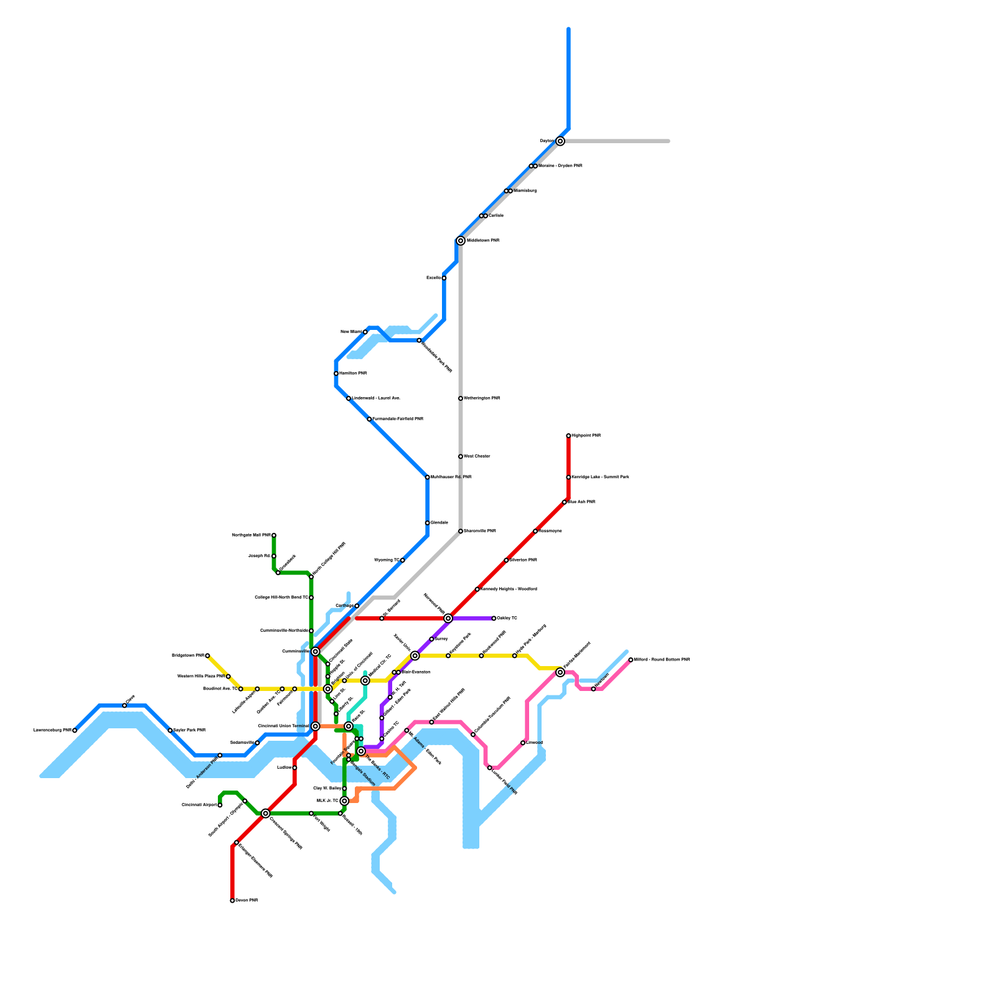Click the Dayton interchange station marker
point(560,141)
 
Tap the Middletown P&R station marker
point(461,241)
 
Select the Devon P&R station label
point(247,901)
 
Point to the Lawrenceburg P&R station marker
point(75,730)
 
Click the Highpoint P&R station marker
point(568,436)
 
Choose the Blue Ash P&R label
point(581,502)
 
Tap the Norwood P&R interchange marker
point(448,618)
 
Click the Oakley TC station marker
point(494,618)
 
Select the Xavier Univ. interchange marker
point(415,655)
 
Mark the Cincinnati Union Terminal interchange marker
point(316,726)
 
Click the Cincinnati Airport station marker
point(220,805)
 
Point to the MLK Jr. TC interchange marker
point(344,801)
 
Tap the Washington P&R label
point(482,398)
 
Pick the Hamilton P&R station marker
point(336,374)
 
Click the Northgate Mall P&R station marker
point(274,535)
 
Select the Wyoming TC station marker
point(403,560)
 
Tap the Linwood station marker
point(523,743)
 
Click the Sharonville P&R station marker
point(461,531)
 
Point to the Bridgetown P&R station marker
point(207,655)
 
